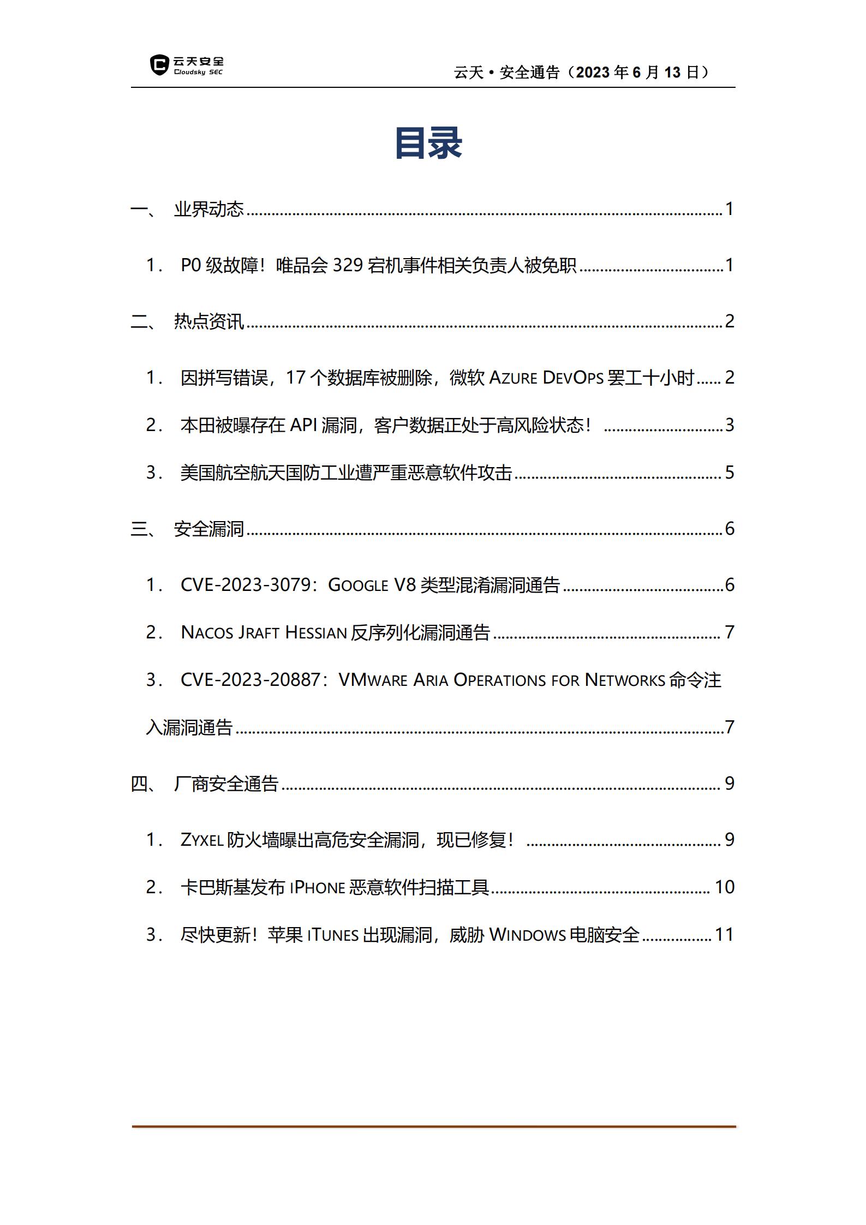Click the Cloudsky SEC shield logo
point(159,65)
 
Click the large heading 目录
point(428,144)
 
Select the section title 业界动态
point(208,209)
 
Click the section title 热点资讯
point(208,321)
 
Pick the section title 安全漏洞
point(208,529)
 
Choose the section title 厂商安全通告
point(226,784)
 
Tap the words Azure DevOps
point(546,378)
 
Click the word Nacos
point(207,632)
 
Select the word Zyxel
point(202,840)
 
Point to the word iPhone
point(317,887)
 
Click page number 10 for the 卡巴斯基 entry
point(724,887)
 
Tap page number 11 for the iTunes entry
point(724,935)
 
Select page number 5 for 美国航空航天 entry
point(730,473)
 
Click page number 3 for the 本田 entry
point(730,425)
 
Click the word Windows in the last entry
point(527,935)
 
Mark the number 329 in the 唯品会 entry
point(348,265)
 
